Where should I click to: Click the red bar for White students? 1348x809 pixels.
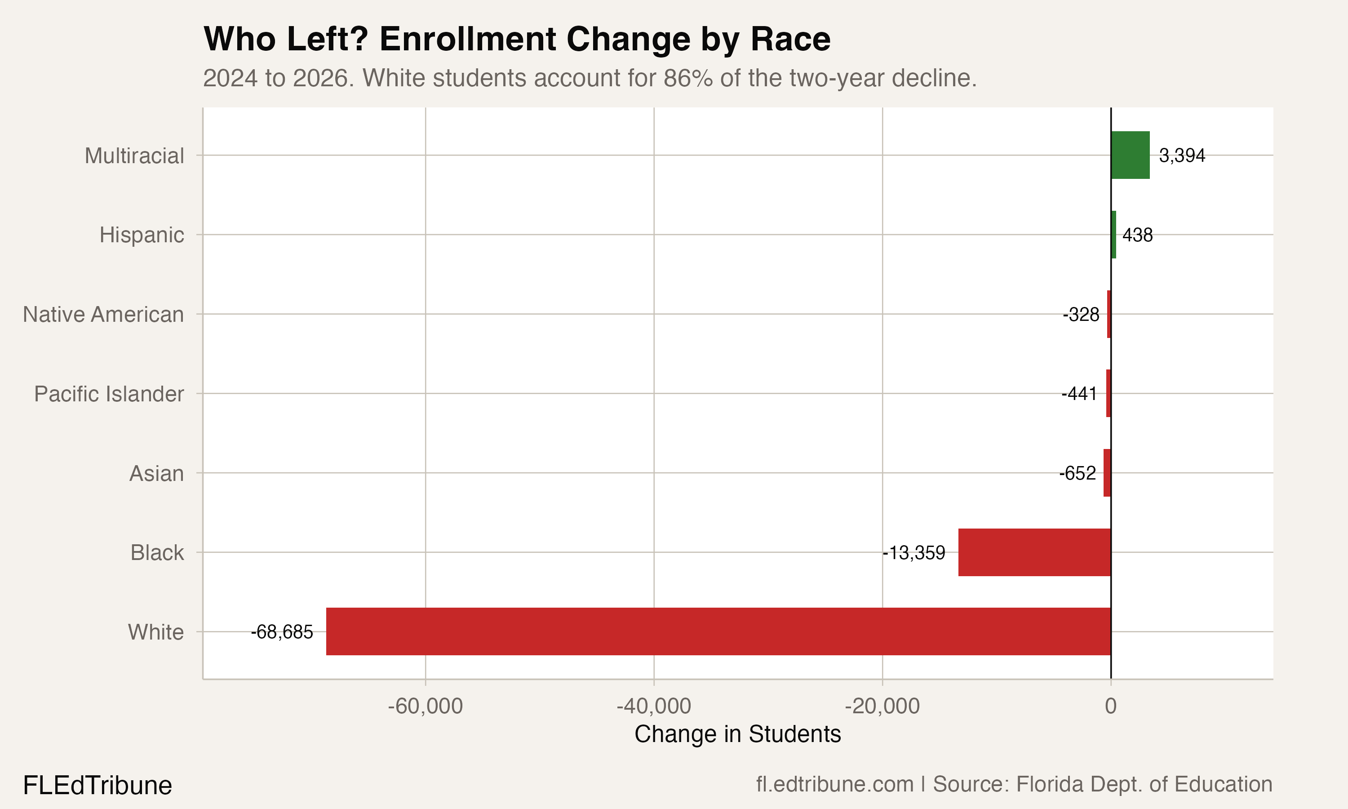[x=718, y=631]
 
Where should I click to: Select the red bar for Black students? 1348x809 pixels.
[x=1034, y=552]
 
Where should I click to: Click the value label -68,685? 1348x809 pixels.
[x=282, y=632]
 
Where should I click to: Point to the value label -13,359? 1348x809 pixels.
[x=914, y=553]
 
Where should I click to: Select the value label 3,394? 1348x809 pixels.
[x=1182, y=156]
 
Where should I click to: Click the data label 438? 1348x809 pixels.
[x=1137, y=236]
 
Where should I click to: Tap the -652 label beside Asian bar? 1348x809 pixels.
[x=1077, y=473]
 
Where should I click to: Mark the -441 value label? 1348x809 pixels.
[x=1079, y=394]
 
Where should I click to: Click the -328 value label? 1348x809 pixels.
[x=1081, y=315]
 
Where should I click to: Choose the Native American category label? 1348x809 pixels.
[x=103, y=315]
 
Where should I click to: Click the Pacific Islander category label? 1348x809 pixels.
[x=109, y=394]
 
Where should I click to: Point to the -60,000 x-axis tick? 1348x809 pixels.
[x=425, y=707]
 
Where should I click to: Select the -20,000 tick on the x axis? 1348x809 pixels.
[x=882, y=707]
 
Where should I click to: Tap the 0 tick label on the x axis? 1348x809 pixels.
[x=1110, y=707]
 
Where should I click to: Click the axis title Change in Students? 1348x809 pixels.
[x=738, y=734]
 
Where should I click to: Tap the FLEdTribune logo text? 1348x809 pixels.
[x=98, y=786]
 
